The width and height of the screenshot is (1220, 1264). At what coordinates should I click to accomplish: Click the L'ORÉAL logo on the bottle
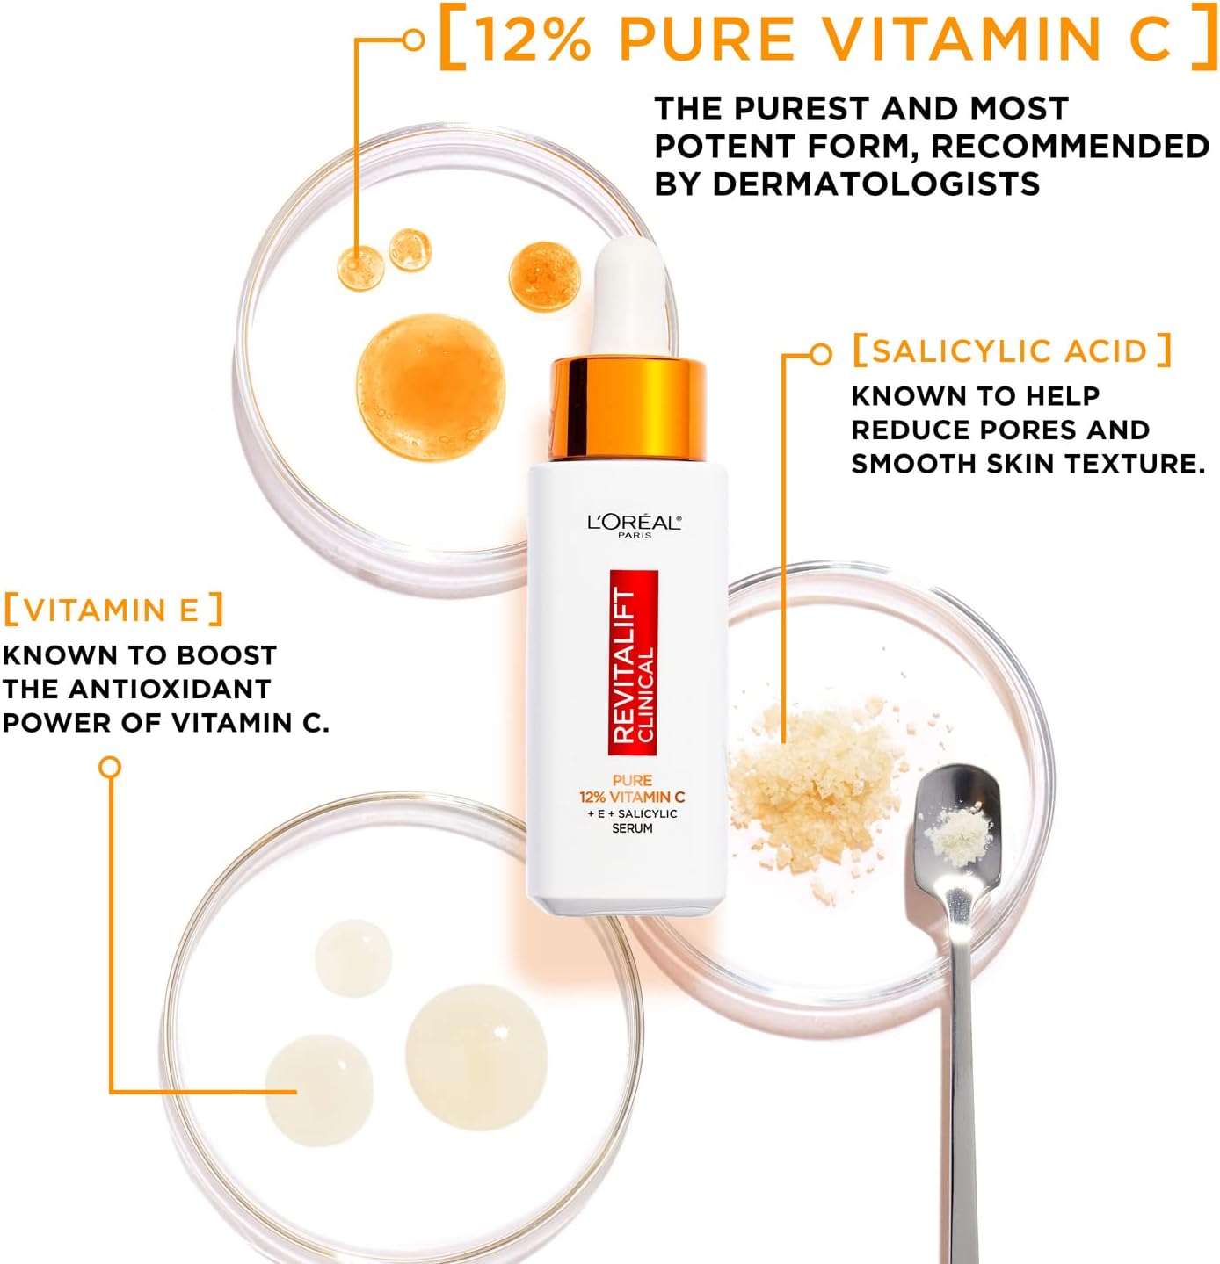(x=634, y=524)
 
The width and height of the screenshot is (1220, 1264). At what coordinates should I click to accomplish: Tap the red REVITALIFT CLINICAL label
(x=633, y=663)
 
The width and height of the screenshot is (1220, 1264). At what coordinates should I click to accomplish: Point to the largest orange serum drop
(x=431, y=387)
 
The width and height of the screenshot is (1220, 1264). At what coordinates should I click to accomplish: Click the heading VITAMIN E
(x=113, y=610)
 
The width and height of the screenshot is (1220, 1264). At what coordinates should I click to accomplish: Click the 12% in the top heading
(x=533, y=40)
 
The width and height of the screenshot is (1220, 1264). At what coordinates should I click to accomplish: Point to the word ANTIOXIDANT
(x=169, y=689)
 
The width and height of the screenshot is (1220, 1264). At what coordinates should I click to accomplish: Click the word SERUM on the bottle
(x=633, y=828)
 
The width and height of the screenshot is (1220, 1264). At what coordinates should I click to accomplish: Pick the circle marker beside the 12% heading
(x=413, y=40)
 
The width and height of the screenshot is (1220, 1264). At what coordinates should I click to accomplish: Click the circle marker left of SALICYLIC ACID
(x=822, y=355)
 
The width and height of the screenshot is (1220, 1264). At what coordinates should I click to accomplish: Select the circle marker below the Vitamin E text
(x=110, y=768)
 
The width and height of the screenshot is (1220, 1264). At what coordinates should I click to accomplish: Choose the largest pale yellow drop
(x=476, y=1058)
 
